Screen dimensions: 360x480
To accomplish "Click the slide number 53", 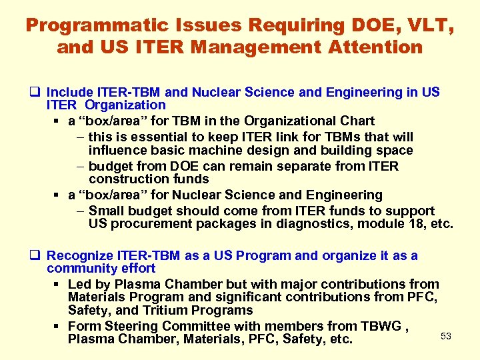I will coord(446,336).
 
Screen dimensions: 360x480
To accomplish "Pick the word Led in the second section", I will coord(79,285).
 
